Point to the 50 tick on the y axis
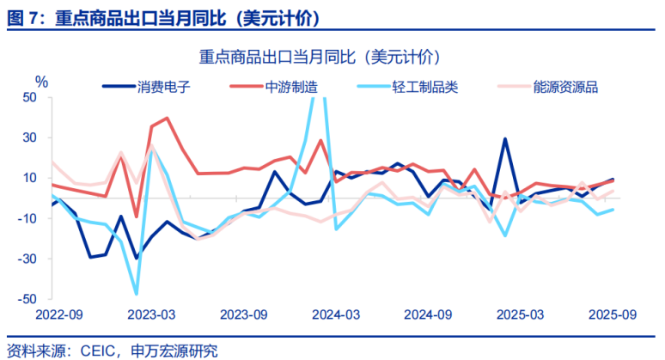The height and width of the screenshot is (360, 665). tap(32, 97)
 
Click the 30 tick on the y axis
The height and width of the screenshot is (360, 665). tap(32, 137)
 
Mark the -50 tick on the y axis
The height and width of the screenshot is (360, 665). tap(29, 299)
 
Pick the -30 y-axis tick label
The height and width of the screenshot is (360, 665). tap(29, 259)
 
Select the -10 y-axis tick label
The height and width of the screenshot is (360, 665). tap(29, 218)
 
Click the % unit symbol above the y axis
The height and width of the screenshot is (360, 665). tap(41, 81)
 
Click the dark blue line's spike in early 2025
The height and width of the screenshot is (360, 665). tap(505, 139)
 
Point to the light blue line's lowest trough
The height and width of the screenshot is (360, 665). tap(136, 294)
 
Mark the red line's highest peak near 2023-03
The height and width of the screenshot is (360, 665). tap(167, 119)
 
